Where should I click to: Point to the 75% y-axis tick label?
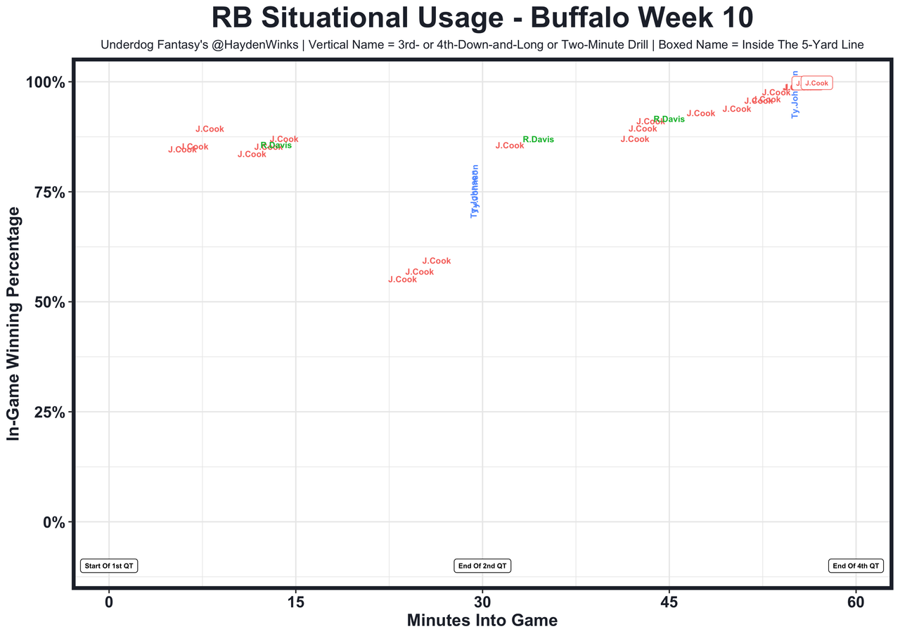tap(49, 193)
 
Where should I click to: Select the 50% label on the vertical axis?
tap(49, 302)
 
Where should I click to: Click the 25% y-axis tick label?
tap(49, 413)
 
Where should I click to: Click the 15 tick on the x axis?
tap(296, 602)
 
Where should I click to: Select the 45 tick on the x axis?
tap(669, 602)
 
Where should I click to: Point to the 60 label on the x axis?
tap(856, 602)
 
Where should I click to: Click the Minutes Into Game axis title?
tap(482, 621)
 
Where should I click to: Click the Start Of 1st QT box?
tap(109, 566)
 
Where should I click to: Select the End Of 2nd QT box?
tap(482, 566)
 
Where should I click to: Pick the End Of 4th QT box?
tap(856, 566)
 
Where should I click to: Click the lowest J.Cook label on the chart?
tap(402, 280)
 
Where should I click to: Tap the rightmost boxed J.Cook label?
tap(816, 83)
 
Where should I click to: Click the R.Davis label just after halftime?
tap(538, 140)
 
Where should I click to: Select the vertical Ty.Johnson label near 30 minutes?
tap(475, 192)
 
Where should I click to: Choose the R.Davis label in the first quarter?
tap(276, 145)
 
